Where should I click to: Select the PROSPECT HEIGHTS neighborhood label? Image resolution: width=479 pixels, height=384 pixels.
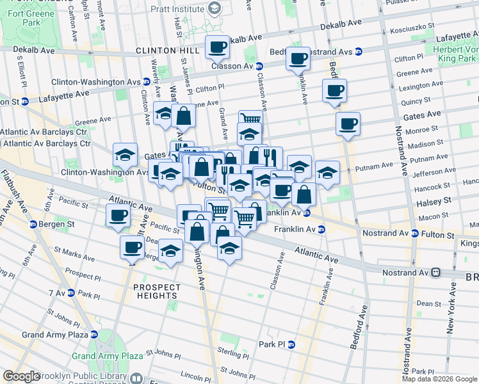(156, 292)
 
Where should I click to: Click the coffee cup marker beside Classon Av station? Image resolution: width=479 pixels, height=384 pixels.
(217, 47)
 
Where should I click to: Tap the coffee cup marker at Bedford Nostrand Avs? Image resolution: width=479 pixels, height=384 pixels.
(298, 60)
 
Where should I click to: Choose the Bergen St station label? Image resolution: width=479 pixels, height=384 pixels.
(54, 225)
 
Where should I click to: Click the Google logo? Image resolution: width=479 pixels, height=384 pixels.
(21, 376)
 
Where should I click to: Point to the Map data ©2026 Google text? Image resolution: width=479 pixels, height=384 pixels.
(440, 379)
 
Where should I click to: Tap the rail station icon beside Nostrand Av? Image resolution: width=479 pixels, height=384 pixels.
(435, 273)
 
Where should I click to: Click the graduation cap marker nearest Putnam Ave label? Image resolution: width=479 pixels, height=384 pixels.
(327, 172)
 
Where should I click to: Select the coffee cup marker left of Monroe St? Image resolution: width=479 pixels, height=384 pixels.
(348, 124)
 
